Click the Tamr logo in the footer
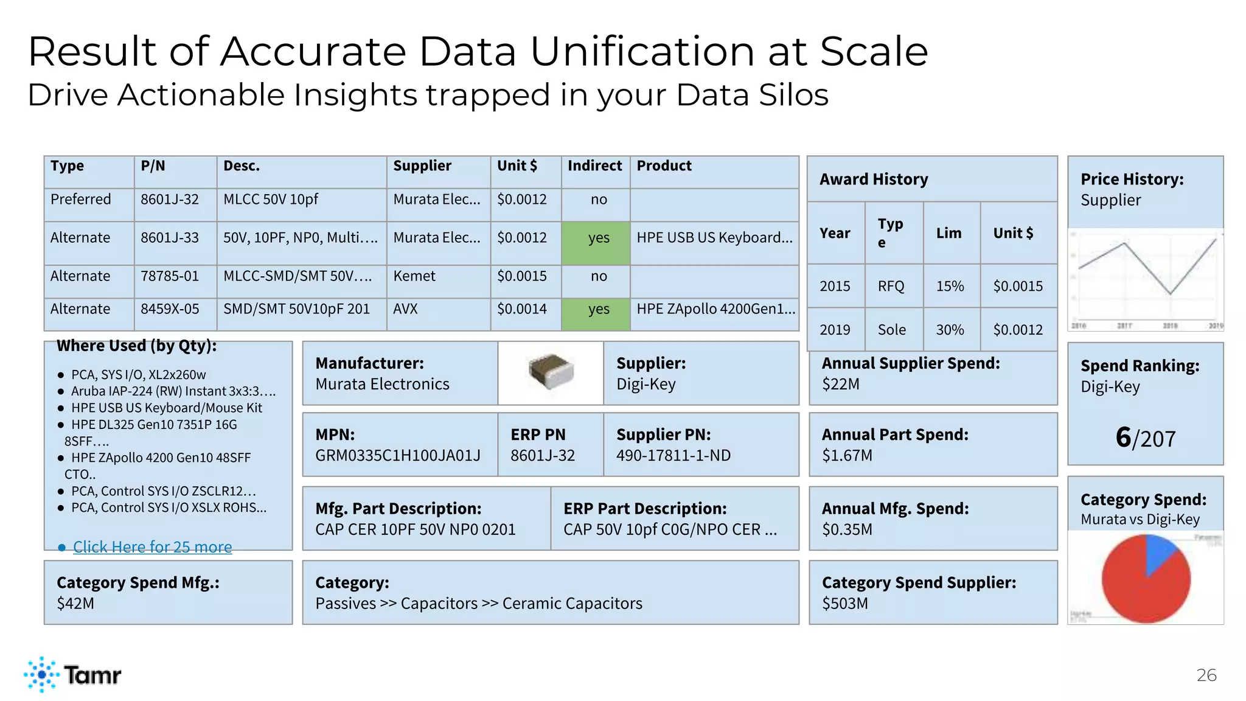[73, 674]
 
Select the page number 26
[1206, 675]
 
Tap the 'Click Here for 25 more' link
[152, 547]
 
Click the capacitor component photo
[551, 371]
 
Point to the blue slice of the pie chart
[1158, 551]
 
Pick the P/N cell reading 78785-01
[170, 276]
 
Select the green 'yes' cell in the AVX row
[598, 309]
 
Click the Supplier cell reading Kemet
[414, 276]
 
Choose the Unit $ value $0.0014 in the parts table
[521, 309]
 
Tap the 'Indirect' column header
[594, 166]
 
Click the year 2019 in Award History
[835, 330]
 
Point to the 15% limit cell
[950, 286]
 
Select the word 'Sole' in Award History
[891, 330]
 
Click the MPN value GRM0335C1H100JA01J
[398, 455]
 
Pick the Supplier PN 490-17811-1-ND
[673, 455]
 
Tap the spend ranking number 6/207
[1145, 438]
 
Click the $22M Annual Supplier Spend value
[841, 384]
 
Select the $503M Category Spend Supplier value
[845, 604]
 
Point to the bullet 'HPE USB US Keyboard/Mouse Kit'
[167, 408]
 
